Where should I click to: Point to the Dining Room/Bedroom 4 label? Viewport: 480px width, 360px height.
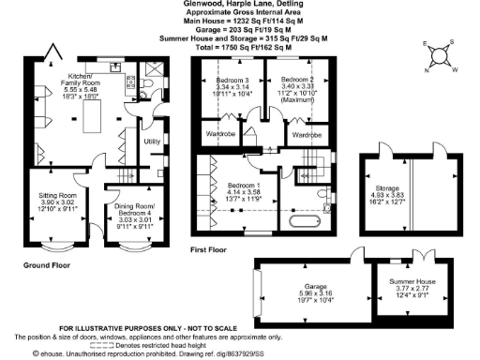(134, 215)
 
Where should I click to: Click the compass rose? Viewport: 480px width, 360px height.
(441, 56)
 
